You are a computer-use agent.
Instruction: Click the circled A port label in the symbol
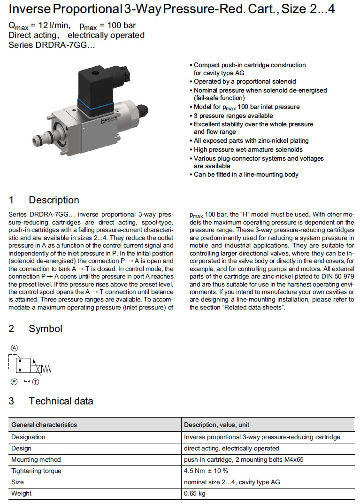(14, 348)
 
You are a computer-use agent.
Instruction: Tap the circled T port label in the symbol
(36, 382)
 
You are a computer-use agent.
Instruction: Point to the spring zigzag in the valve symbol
(46, 369)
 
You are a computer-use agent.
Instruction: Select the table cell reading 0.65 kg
(195, 493)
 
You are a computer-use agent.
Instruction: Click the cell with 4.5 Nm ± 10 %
(206, 471)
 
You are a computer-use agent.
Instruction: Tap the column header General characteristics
(44, 425)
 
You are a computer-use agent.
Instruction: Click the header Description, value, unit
(216, 425)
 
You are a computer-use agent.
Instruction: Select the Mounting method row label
(36, 459)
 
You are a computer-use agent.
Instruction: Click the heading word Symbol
(46, 329)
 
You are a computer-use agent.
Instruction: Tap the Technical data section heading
(61, 401)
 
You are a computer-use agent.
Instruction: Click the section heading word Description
(54, 200)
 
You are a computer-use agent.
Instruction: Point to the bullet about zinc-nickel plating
(251, 140)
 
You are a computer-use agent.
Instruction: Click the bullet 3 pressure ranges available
(233, 116)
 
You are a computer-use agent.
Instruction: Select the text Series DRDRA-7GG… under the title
(52, 46)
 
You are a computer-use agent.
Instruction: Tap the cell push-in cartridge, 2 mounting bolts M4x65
(244, 459)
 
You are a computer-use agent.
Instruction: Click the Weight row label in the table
(22, 493)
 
